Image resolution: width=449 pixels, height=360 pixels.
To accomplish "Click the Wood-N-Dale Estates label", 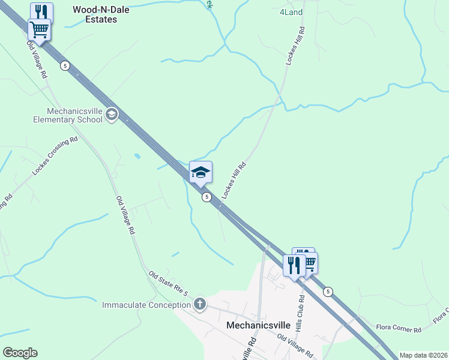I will [94, 14].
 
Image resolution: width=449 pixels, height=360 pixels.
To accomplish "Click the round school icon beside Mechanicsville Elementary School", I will [111, 114].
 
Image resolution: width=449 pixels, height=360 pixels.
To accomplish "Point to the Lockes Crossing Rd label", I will [55, 157].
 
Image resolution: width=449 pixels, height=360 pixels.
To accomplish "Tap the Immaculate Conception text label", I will [146, 305].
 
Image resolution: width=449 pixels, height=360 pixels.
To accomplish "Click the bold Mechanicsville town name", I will [258, 325].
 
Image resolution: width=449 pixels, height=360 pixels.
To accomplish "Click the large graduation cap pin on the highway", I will [200, 173].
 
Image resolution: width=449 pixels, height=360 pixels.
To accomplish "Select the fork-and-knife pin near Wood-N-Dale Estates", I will [41, 13].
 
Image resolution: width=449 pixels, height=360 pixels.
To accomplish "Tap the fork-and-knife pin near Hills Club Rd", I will [294, 265].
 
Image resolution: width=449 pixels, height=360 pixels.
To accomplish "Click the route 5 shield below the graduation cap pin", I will [206, 197].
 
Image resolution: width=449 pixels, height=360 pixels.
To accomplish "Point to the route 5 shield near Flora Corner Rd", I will [327, 292].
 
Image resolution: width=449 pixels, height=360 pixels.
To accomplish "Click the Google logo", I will [20, 353].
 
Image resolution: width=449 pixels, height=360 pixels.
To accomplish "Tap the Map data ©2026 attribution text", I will [423, 355].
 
